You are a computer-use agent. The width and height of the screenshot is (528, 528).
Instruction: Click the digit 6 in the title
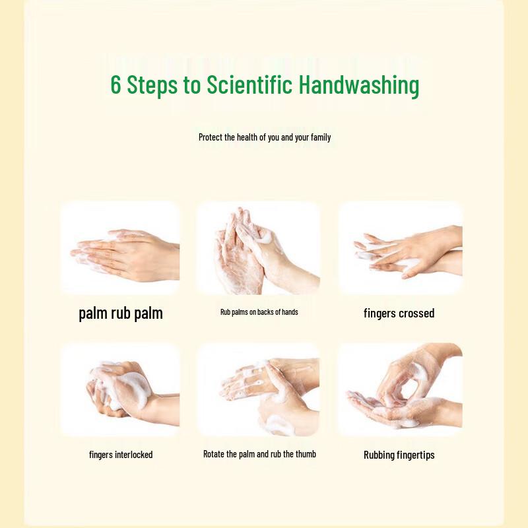pyautogui.click(x=115, y=84)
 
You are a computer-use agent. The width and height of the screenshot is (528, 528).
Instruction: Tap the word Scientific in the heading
pyautogui.click(x=249, y=84)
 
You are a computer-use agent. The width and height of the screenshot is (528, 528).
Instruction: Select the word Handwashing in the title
pyautogui.click(x=359, y=86)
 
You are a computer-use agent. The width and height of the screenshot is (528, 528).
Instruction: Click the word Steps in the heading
pyautogui.click(x=152, y=86)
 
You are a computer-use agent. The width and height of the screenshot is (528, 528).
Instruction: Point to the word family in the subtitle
pyautogui.click(x=321, y=137)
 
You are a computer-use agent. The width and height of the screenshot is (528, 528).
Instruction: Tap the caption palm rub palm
pyautogui.click(x=121, y=313)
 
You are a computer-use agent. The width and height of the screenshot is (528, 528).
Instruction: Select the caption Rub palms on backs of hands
pyautogui.click(x=259, y=312)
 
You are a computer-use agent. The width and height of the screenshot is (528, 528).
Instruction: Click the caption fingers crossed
pyautogui.click(x=399, y=313)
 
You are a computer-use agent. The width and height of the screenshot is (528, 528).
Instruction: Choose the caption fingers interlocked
pyautogui.click(x=121, y=455)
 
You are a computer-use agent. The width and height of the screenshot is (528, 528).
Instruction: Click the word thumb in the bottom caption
pyautogui.click(x=306, y=454)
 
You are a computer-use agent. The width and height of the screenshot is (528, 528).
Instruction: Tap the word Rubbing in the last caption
pyautogui.click(x=379, y=455)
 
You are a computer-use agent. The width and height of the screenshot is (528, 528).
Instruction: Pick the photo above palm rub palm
pyautogui.click(x=120, y=248)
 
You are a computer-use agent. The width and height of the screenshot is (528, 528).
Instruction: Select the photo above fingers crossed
pyautogui.click(x=400, y=248)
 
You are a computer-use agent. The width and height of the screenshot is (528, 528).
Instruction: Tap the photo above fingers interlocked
pyautogui.click(x=120, y=389)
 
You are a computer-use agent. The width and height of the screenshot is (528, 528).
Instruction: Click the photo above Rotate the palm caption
pyautogui.click(x=258, y=389)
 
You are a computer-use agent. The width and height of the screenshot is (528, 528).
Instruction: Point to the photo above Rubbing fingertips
pyautogui.click(x=400, y=389)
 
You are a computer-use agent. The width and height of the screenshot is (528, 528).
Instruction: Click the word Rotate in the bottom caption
pyautogui.click(x=213, y=454)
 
